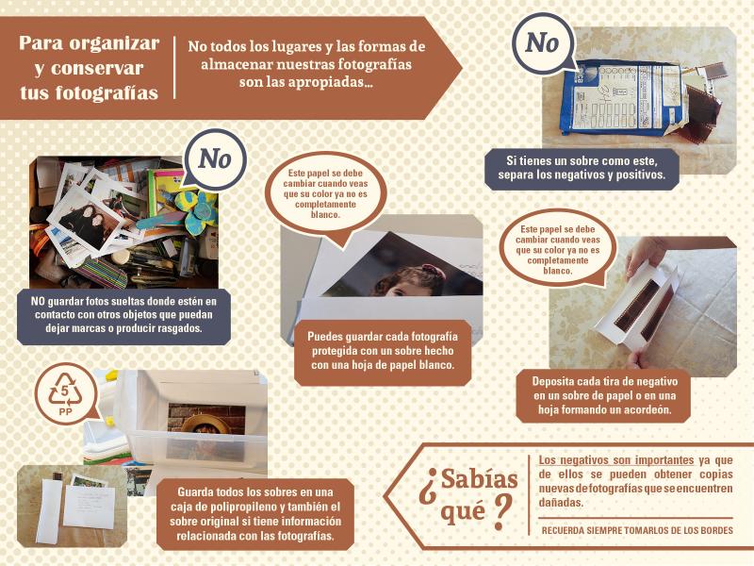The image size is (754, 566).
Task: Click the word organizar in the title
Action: [x=117, y=43]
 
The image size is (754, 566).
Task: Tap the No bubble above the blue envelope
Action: [x=543, y=43]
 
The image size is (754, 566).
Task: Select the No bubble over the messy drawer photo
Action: [x=215, y=158]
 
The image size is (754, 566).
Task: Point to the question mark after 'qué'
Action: [x=501, y=512]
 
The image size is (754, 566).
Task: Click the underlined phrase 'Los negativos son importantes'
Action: [x=616, y=460]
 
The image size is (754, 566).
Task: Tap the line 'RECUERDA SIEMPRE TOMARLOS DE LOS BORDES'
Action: [x=637, y=530]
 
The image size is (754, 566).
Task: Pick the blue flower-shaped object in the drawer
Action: [x=196, y=210]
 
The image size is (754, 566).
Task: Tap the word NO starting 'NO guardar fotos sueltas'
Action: [x=38, y=301]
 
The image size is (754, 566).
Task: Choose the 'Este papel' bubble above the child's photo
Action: [x=325, y=193]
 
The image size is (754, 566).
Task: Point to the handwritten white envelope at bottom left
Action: [x=90, y=508]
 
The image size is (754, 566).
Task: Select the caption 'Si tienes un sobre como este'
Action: [x=582, y=160]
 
